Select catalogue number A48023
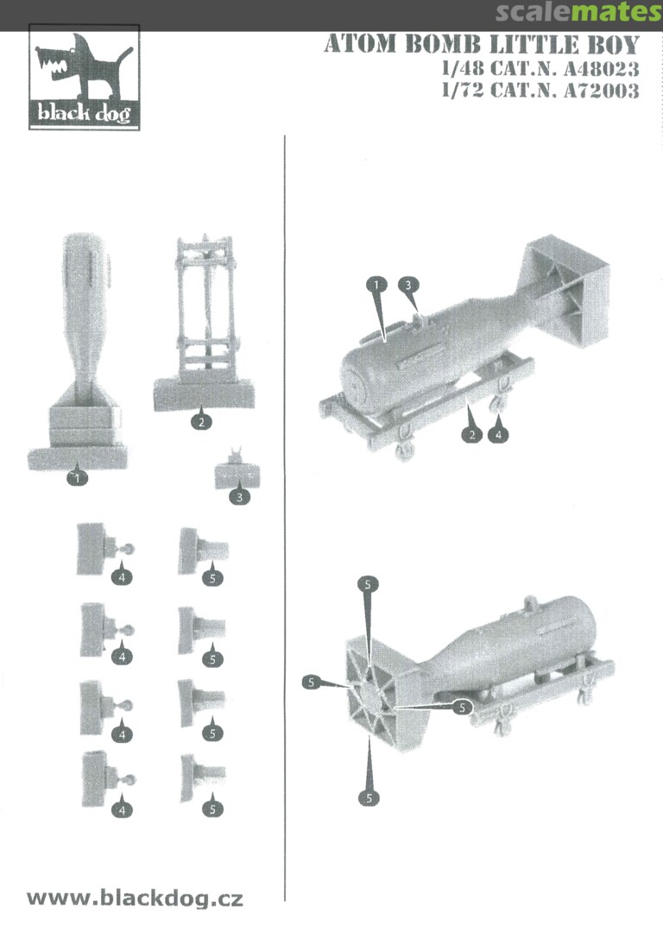pos(601,69)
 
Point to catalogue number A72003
pos(601,91)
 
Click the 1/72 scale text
pos(463,91)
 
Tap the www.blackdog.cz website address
pos(135,897)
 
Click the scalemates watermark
pos(578,12)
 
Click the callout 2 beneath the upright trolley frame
pos(201,421)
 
